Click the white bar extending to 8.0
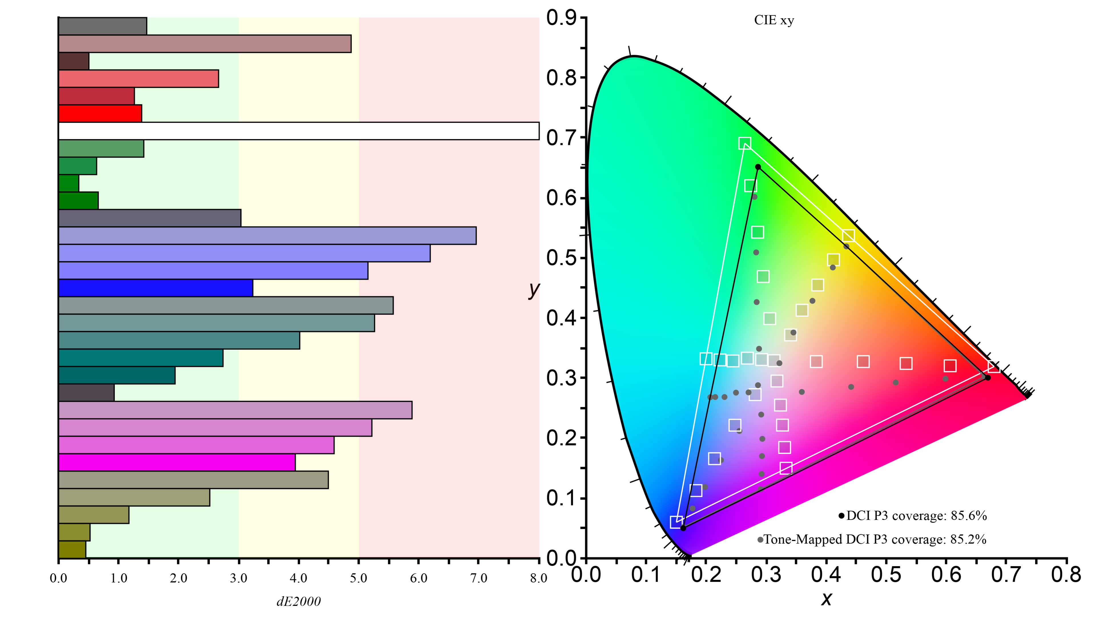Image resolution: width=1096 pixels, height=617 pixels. tap(298, 131)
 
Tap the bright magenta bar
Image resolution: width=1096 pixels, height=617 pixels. tap(177, 462)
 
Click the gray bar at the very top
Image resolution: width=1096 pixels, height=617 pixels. tap(102, 26)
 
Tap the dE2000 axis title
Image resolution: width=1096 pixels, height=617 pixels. tap(298, 601)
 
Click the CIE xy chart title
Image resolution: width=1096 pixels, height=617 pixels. tap(774, 20)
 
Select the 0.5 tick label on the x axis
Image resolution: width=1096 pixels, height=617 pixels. tap(886, 574)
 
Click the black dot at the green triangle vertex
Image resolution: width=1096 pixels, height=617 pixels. tap(758, 167)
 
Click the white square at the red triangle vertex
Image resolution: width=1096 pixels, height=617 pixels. tap(994, 367)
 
